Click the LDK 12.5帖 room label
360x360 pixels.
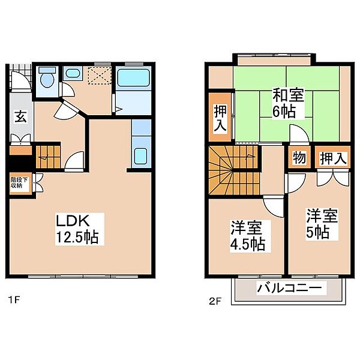pyautogui.click(x=77, y=228)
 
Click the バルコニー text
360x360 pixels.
pyautogui.click(x=290, y=289)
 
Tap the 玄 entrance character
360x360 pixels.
pyautogui.click(x=20, y=117)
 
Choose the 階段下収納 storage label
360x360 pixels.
pyautogui.click(x=17, y=182)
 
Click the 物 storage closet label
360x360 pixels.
pyautogui.click(x=298, y=158)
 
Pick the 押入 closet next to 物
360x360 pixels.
pyautogui.click(x=332, y=158)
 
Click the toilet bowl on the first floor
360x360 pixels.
pyautogui.click(x=47, y=80)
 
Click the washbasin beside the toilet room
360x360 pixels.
pyautogui.click(x=73, y=74)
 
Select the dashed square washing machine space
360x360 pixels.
pyautogui.click(x=97, y=76)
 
